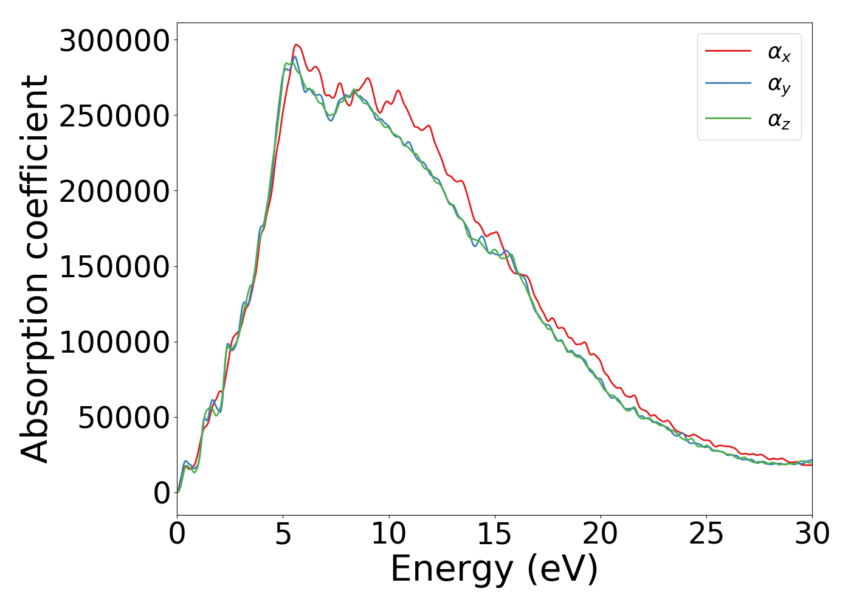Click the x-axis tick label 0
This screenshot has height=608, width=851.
click(x=177, y=534)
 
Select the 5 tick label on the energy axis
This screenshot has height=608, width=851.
click(x=283, y=534)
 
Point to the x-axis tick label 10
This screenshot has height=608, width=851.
click(x=388, y=534)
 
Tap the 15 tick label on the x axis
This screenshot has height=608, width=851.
click(x=494, y=534)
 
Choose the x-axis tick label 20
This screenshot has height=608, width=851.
click(x=600, y=534)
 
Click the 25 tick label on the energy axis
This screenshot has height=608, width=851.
click(x=706, y=534)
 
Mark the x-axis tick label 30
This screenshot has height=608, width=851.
click(x=811, y=534)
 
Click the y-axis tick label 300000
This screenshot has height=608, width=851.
click(x=114, y=41)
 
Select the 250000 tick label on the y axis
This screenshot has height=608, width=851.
click(x=114, y=116)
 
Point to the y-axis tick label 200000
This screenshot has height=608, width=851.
click(x=114, y=192)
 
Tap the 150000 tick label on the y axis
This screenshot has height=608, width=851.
click(x=114, y=267)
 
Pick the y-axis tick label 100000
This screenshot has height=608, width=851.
click(x=114, y=342)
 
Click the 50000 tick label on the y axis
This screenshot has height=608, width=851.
click(x=123, y=418)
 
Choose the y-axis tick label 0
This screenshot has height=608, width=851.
click(x=162, y=493)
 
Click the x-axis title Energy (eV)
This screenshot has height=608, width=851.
click(x=494, y=570)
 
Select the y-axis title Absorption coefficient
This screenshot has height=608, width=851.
click(x=35, y=269)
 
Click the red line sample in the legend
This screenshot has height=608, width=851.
click(x=728, y=51)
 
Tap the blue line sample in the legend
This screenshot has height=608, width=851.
click(x=728, y=84)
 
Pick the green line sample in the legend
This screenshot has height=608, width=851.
click(x=728, y=118)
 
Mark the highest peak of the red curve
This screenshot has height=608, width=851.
click(x=296, y=44)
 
